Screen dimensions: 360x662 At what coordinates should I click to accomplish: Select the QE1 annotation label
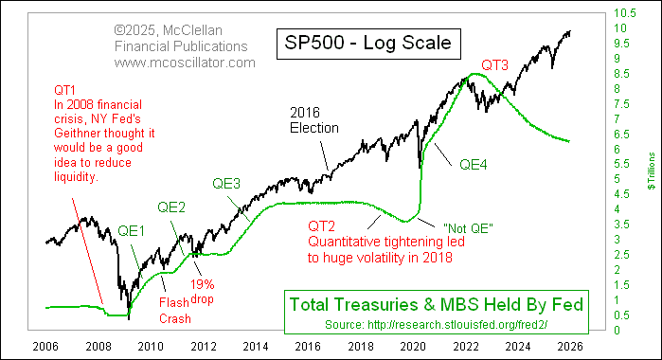(x=134, y=230)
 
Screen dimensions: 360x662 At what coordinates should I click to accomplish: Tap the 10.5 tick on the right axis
(x=621, y=13)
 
